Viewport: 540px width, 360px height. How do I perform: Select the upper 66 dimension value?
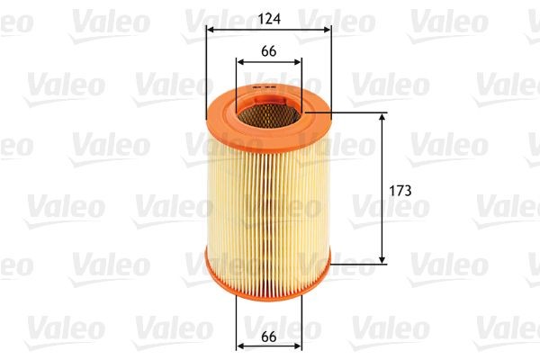pos(268,50)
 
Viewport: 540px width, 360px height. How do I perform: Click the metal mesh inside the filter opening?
pos(269,112)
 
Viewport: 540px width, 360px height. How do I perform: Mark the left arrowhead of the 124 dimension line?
pos(211,30)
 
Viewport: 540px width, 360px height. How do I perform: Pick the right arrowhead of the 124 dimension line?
pos(328,30)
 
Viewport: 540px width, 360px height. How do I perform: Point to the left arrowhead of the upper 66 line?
pos(240,62)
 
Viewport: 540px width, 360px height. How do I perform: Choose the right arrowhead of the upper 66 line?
pos(298,62)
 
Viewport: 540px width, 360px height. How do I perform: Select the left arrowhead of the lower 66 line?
pos(240,346)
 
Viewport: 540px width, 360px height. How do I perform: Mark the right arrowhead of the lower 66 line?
pos(298,346)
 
